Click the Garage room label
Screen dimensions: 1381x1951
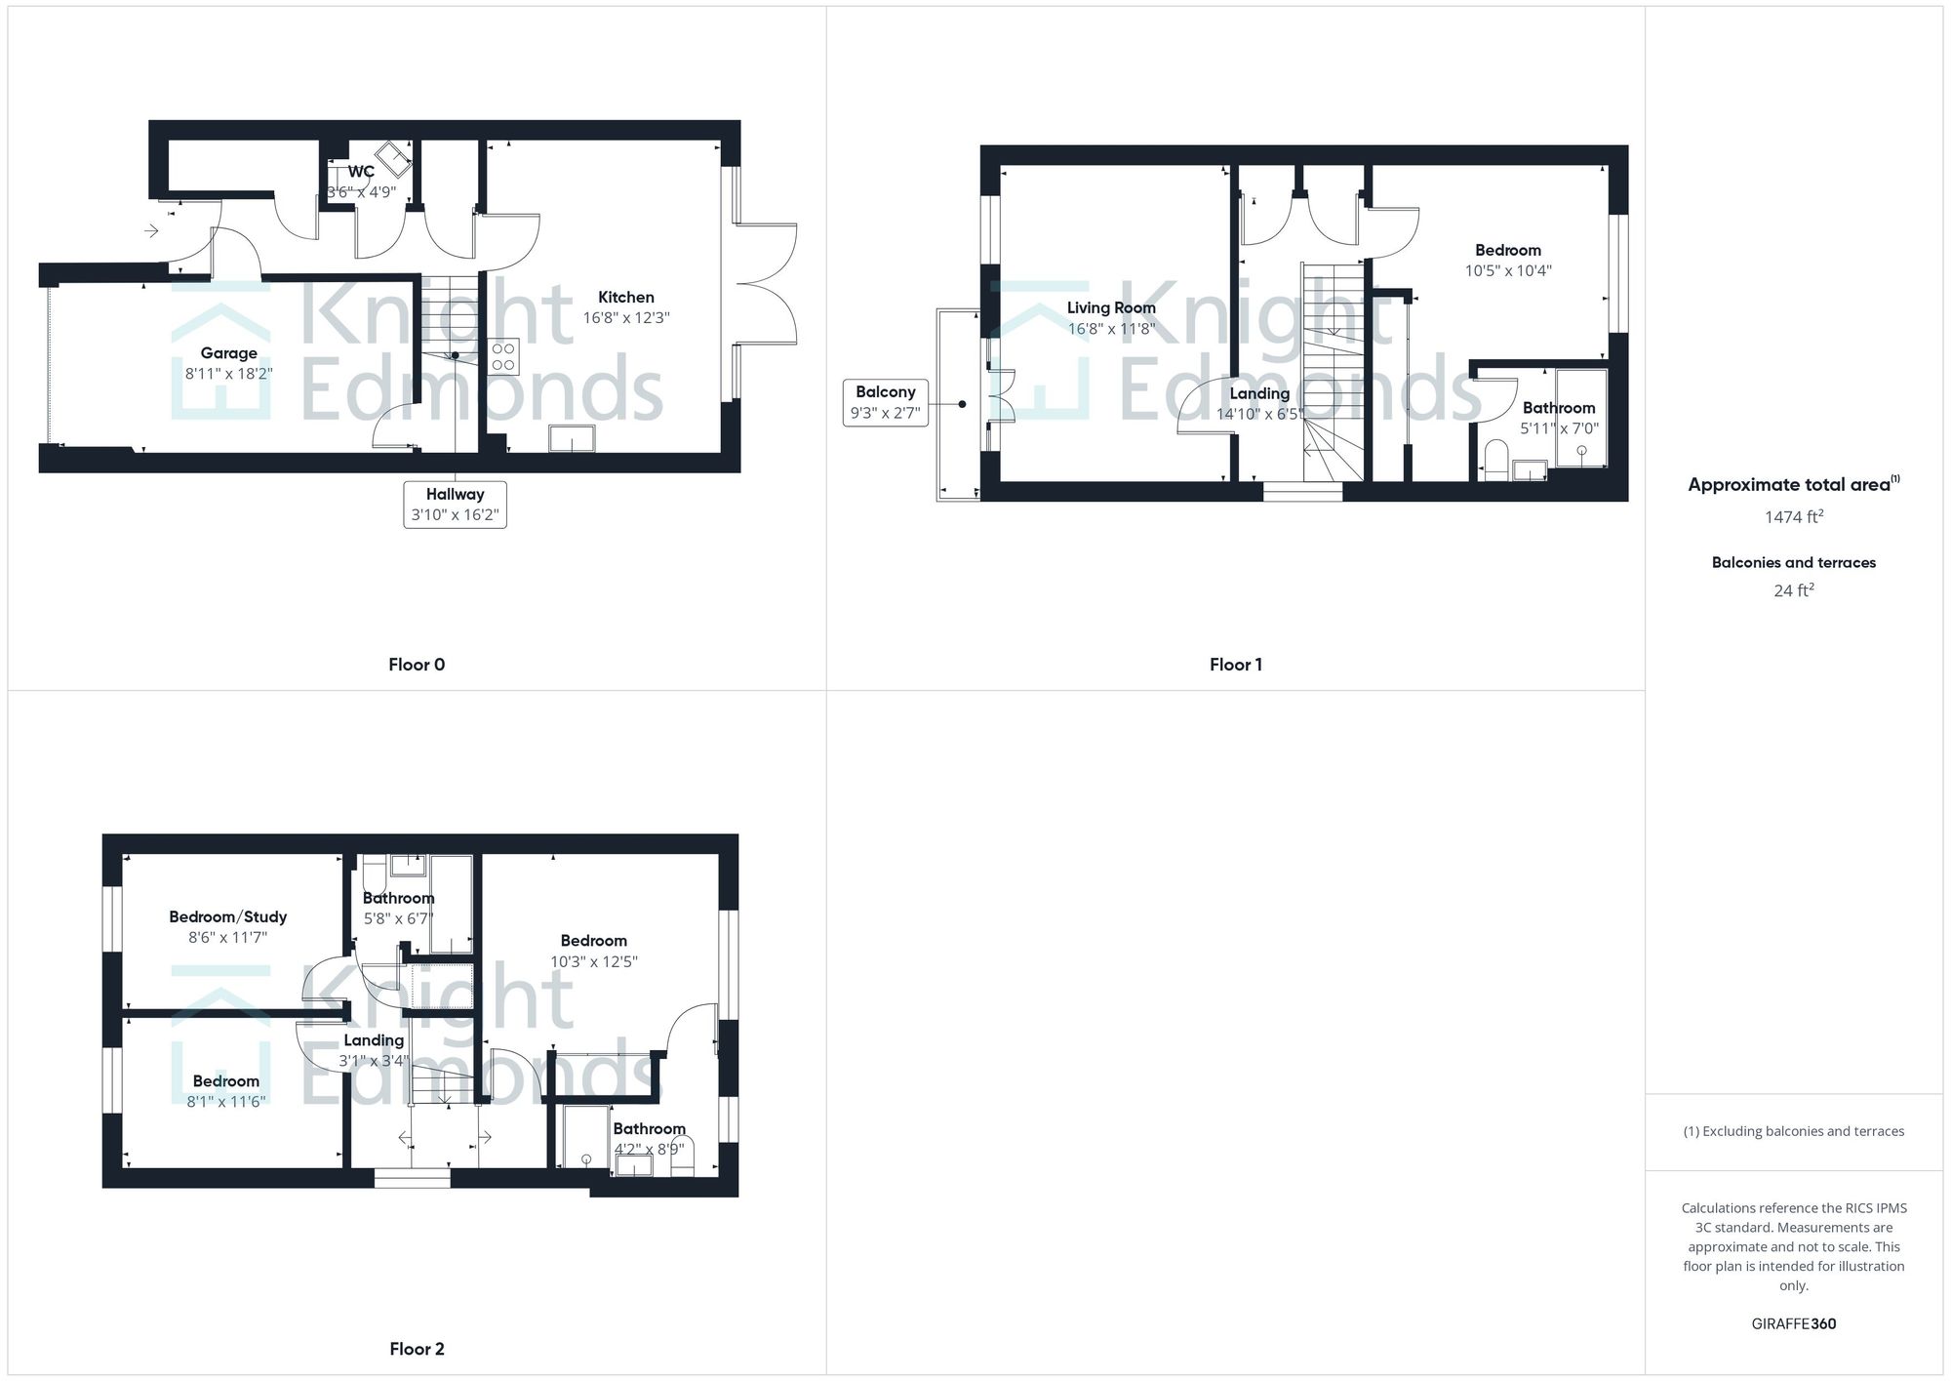229,353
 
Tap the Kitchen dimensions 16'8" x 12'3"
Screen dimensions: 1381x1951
625,318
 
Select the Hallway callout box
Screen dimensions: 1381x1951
455,505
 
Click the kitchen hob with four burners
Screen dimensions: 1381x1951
503,356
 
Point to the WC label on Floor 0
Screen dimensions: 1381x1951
361,172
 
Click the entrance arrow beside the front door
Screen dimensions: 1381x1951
152,231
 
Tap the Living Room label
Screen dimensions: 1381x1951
1111,307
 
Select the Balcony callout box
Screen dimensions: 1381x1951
885,402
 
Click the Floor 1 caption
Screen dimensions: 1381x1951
1235,665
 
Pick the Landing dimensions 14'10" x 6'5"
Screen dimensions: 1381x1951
1259,414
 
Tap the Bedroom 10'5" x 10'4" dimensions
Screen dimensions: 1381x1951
1508,271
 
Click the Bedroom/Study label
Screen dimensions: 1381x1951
228,916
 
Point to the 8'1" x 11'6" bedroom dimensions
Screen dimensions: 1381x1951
227,1102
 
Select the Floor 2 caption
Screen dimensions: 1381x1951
417,1349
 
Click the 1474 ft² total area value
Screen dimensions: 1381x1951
1793,517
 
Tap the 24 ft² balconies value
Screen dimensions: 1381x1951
1793,590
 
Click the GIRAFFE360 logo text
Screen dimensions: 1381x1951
1793,1323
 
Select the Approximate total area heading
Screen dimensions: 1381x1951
1793,485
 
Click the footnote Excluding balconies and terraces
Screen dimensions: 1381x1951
1793,1131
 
